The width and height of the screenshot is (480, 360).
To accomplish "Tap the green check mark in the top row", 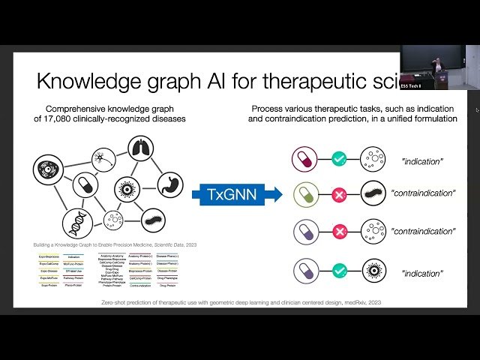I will pos(339,159).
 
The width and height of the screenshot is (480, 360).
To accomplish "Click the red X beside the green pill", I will pos(339,193).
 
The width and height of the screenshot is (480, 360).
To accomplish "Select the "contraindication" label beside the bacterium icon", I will pos(423,193).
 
